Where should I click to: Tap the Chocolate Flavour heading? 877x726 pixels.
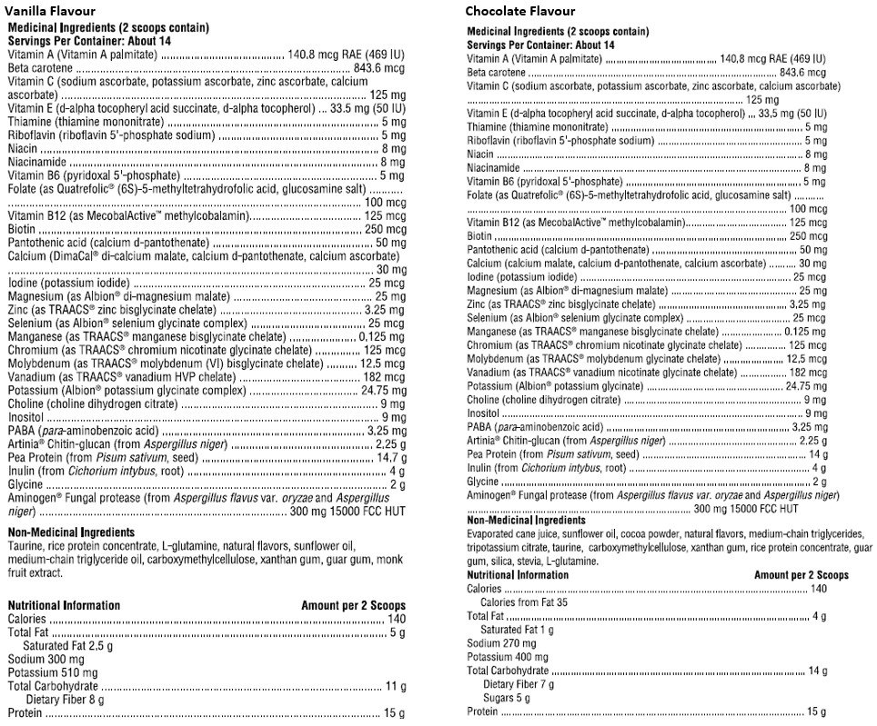point(519,11)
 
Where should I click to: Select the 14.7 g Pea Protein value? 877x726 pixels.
point(390,458)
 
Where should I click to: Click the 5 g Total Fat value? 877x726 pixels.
point(398,632)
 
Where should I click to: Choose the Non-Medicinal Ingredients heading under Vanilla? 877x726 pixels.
point(71,532)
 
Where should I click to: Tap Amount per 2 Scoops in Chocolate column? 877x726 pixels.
point(801,575)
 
